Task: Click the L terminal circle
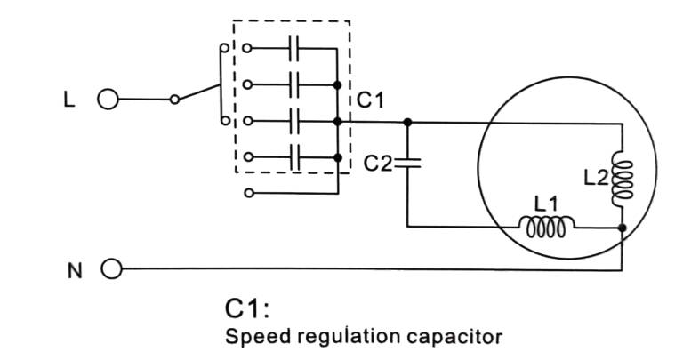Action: [108, 100]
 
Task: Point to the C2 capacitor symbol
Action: [406, 162]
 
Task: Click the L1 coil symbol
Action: [546, 228]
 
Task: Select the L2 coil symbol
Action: [621, 178]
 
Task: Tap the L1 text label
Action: [546, 204]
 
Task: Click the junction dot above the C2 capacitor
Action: [406, 121]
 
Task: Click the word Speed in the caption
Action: [252, 338]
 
